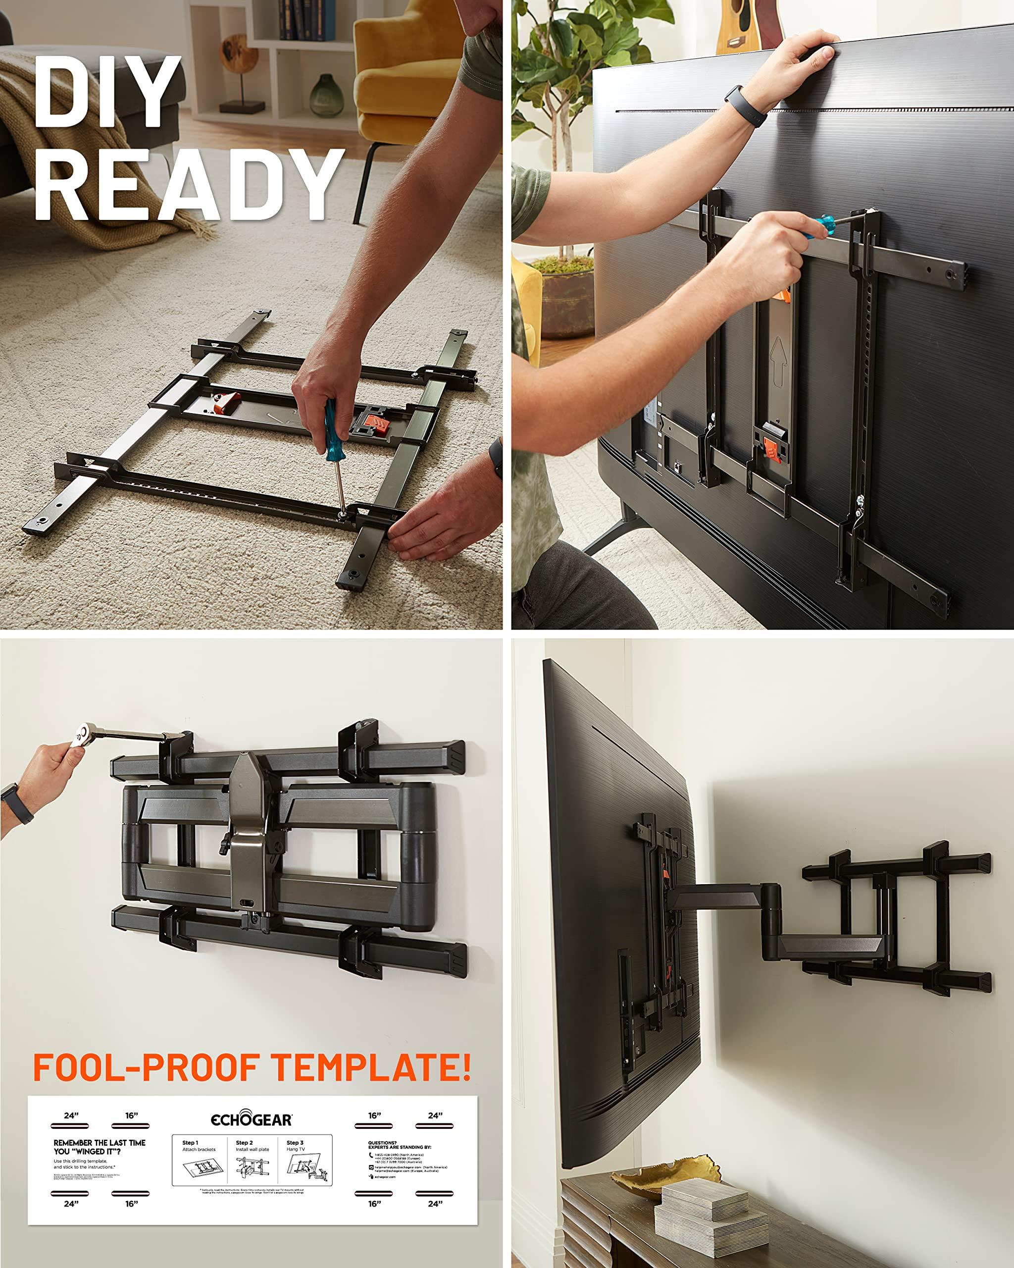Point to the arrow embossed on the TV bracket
coord(779,362)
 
